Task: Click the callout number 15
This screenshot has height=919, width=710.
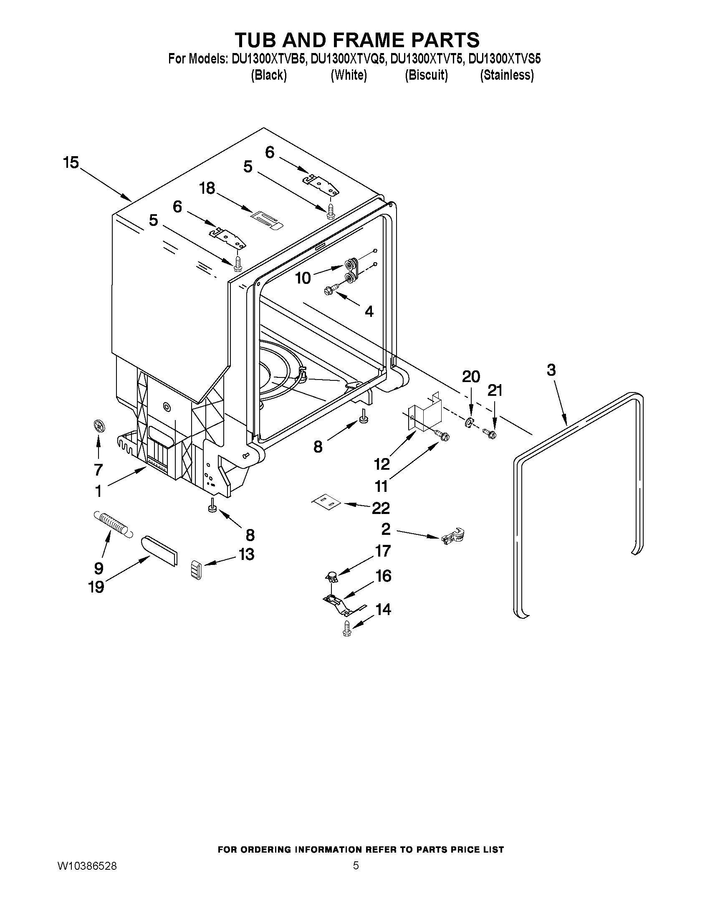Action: [x=71, y=162]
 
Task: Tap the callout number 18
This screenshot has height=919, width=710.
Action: [x=207, y=188]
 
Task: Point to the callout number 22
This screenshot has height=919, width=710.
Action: [x=380, y=508]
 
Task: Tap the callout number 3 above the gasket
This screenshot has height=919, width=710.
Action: [x=551, y=370]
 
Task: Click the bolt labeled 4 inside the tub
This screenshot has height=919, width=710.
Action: [x=331, y=289]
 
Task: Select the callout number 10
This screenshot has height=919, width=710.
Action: [x=303, y=278]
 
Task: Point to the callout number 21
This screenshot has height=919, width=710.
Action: [x=495, y=391]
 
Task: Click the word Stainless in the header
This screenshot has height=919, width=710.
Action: [x=507, y=75]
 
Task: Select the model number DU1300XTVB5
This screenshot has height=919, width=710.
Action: [x=268, y=59]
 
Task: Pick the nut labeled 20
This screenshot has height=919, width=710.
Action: [x=469, y=423]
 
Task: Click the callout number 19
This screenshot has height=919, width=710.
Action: [x=96, y=586]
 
